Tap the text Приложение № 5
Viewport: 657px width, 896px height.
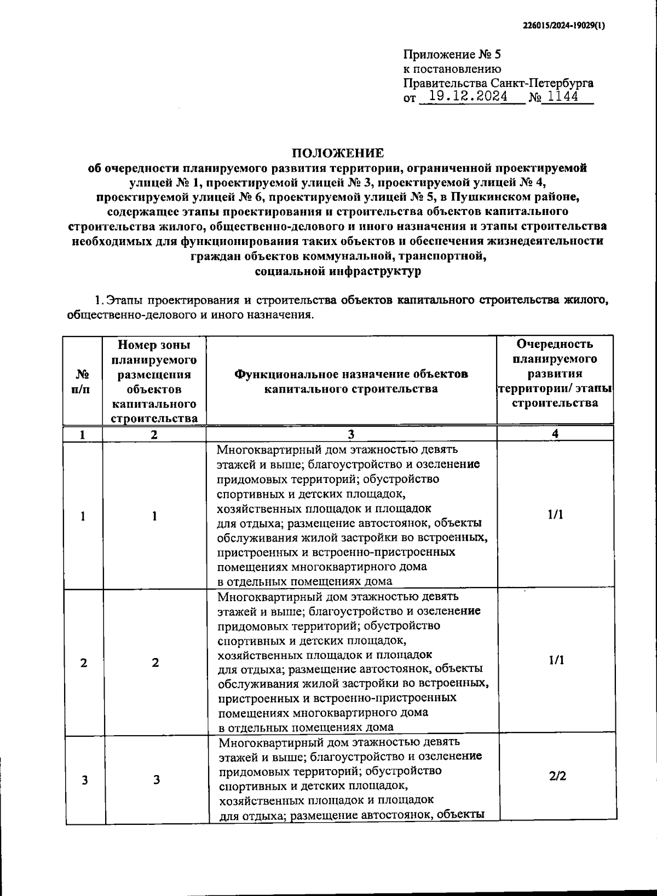coord(452,55)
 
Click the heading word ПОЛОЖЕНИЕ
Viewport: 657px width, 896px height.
coord(337,153)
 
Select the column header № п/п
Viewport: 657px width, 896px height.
coord(83,382)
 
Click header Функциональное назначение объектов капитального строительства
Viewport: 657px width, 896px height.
coord(351,381)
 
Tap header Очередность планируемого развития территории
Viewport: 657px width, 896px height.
coord(555,373)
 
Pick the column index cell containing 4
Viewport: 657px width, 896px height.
coord(555,434)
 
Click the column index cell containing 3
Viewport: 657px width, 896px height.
coord(350,434)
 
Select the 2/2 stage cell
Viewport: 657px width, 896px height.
coord(557,776)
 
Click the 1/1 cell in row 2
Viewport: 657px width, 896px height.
coord(556,660)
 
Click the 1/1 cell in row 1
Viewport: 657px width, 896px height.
coord(555,515)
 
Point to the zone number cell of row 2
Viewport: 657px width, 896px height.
coord(155,663)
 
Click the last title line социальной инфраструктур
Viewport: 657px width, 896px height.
coord(338,271)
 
